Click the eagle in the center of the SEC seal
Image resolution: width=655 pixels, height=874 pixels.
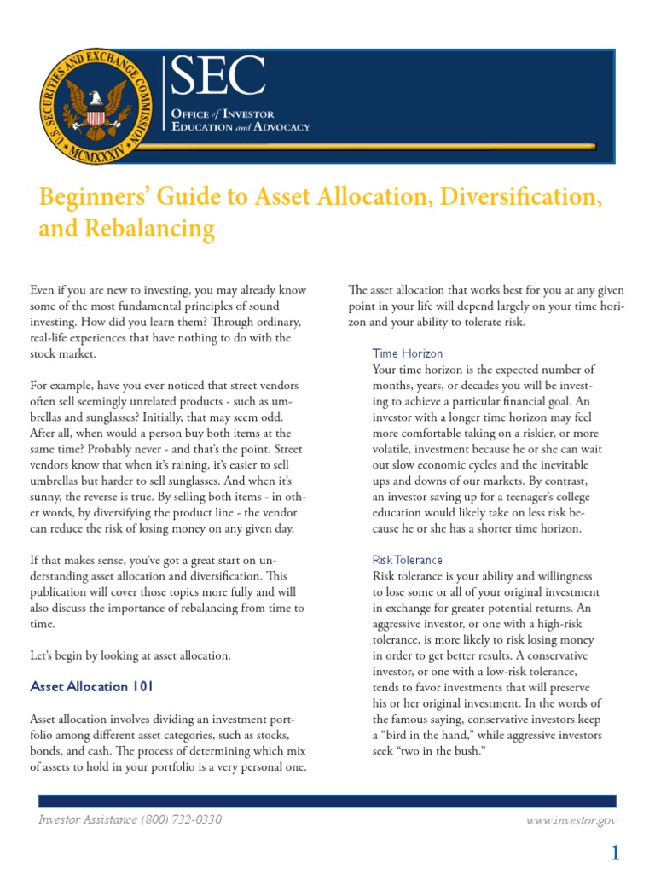(96, 106)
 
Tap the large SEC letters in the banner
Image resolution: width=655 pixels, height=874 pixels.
(217, 79)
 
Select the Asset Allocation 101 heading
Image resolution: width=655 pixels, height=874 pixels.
(91, 686)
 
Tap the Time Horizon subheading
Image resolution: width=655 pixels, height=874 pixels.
(408, 353)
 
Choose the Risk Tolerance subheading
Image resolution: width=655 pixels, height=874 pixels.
(408, 560)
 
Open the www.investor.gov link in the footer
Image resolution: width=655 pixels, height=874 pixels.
(572, 820)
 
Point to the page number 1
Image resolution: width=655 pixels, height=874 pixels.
(614, 853)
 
